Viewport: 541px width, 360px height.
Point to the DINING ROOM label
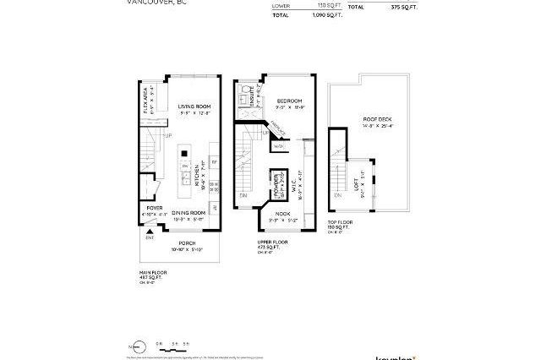pyautogui.click(x=189, y=212)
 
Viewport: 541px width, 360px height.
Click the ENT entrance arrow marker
pyautogui.click(x=149, y=236)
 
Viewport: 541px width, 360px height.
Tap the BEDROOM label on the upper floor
pyautogui.click(x=289, y=101)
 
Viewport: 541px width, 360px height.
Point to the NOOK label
pyautogui.click(x=281, y=215)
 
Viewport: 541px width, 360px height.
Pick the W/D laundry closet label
pyautogui.click(x=279, y=146)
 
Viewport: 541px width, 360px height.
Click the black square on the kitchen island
pyautogui.click(x=183, y=154)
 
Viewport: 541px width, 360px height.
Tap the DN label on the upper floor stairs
pyautogui.click(x=243, y=195)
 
